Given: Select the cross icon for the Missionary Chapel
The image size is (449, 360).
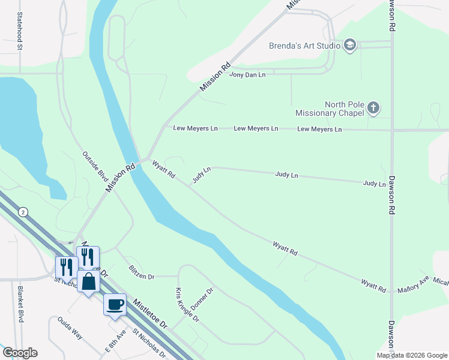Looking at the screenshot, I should (373, 108).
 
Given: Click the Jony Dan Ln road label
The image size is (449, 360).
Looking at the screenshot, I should (247, 74).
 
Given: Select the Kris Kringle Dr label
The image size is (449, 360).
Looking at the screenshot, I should (187, 305).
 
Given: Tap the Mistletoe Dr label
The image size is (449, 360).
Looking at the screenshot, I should (150, 314).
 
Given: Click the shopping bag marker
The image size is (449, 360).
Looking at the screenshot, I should (88, 281).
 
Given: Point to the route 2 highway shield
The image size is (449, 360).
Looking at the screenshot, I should (23, 212).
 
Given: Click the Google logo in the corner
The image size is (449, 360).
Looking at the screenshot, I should (19, 352).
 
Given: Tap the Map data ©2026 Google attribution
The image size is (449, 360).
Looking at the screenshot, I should (411, 355).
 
